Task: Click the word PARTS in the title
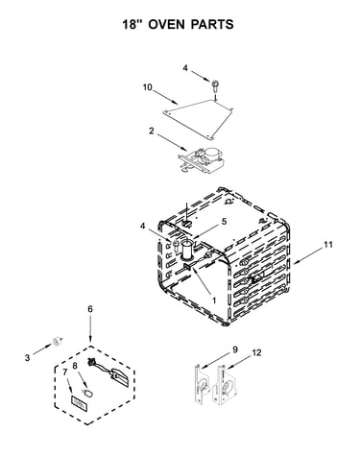coord(212,24)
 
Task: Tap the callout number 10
coord(148,87)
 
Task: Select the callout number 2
coord(151,131)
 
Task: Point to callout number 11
coord(328,245)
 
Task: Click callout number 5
coord(224,221)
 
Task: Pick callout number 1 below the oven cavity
coord(214,300)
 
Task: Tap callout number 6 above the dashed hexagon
coord(90,309)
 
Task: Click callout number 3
coord(28,357)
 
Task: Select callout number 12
coord(256,352)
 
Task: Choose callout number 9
coord(235,349)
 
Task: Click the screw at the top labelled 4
coord(215,84)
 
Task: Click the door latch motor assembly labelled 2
coord(201,159)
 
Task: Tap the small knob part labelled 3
coord(58,341)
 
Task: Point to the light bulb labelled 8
coord(87,393)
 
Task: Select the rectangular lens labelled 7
coord(79,402)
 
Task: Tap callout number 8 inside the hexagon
coord(75,366)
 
